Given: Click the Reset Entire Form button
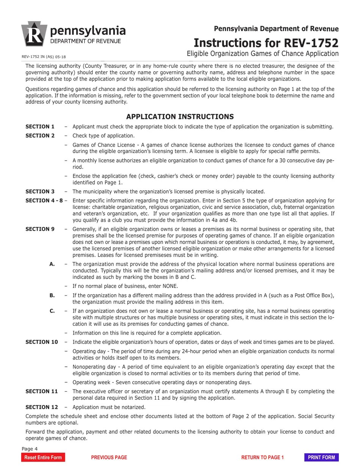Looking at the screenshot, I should click(x=43, y=457).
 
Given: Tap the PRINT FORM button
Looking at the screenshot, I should click(x=321, y=457).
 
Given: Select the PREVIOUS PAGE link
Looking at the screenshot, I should click(x=109, y=457).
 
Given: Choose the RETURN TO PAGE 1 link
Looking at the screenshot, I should click(x=262, y=457).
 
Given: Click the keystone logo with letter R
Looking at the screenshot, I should click(x=34, y=34).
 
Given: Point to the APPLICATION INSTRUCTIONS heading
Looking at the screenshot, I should click(x=180, y=117).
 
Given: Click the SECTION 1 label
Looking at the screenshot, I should click(x=40, y=127).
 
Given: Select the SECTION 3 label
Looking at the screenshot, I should click(x=40, y=191).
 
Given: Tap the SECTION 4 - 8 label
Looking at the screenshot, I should click(x=44, y=200).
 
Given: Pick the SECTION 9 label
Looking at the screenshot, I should click(x=40, y=229).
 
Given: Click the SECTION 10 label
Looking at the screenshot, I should click(x=42, y=342).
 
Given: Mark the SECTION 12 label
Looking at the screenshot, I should click(x=42, y=407).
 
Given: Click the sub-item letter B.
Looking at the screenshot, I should click(x=52, y=295).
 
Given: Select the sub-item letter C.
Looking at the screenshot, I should click(x=52, y=311).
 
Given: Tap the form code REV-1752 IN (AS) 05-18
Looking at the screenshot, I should click(x=44, y=57).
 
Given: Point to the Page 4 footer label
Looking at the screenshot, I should click(x=30, y=449).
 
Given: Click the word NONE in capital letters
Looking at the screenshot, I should click(x=169, y=286).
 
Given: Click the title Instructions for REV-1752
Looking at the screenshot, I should click(x=266, y=42).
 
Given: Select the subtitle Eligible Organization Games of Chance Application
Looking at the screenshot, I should click(x=262, y=53).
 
